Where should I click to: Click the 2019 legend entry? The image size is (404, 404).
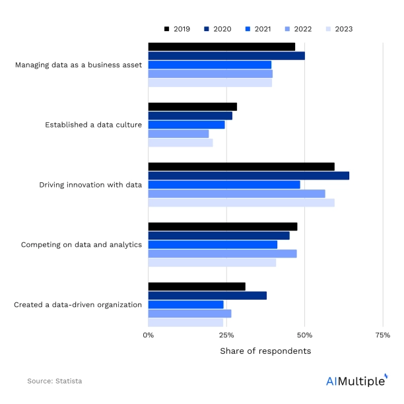(176, 29)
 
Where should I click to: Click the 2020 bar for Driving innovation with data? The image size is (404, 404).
(248, 176)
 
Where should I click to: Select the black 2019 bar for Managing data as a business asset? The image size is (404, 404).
(221, 47)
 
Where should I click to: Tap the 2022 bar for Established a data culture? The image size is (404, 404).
(178, 133)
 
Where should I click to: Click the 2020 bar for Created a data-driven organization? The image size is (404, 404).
(207, 296)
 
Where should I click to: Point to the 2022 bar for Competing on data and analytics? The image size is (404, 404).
(222, 253)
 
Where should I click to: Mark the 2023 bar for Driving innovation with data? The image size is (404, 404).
(241, 203)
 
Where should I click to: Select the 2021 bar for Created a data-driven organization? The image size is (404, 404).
(185, 304)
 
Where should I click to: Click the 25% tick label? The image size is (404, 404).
(226, 335)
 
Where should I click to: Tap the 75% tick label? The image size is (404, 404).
(382, 335)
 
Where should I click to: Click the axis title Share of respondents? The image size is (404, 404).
(265, 351)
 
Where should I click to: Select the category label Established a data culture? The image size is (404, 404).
(93, 125)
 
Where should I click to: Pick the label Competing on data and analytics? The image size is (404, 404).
(81, 245)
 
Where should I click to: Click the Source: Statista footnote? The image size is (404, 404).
(55, 381)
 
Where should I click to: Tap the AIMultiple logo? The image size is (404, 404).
(356, 380)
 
